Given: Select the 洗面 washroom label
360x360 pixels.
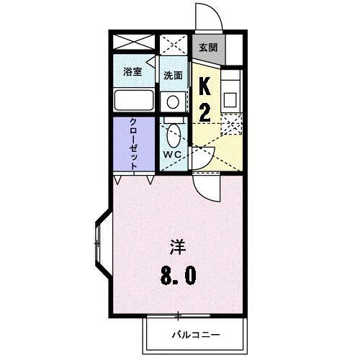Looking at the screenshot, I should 172,75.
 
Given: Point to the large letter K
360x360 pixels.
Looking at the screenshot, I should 204,87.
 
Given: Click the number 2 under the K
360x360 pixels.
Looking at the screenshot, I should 204,112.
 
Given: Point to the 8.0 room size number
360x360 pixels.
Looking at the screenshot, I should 179,276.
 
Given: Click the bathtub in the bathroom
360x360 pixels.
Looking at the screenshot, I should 134,100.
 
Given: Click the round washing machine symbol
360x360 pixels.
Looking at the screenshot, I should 172,101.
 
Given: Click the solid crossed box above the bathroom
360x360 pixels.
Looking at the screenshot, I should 134,41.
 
